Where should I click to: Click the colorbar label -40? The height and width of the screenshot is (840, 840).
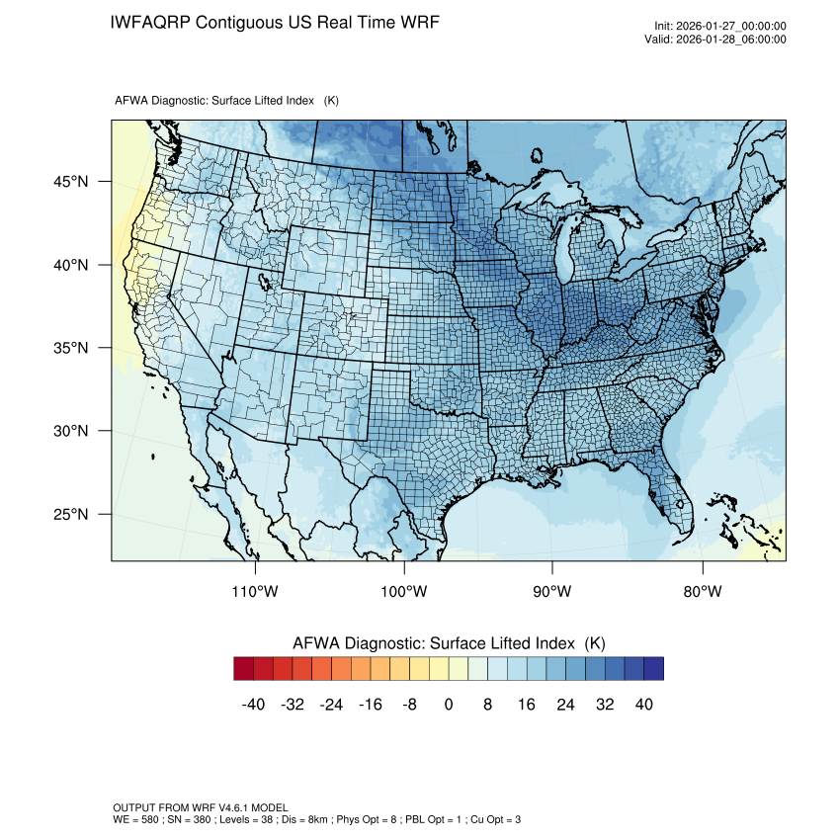tap(253, 704)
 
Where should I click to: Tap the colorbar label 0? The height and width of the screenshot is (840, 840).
tap(449, 704)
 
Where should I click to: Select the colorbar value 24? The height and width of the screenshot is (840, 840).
tap(565, 704)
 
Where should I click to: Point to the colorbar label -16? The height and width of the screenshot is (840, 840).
tap(371, 704)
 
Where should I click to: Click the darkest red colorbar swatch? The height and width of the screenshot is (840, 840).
tap(244, 669)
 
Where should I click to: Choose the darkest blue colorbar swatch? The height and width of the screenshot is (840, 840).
tap(653, 669)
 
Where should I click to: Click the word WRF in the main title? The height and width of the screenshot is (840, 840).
tap(418, 22)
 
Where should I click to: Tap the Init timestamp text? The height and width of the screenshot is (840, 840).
tap(719, 26)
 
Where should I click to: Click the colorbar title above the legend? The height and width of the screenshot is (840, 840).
tap(449, 643)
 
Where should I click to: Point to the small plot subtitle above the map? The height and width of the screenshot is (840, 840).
tap(227, 101)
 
